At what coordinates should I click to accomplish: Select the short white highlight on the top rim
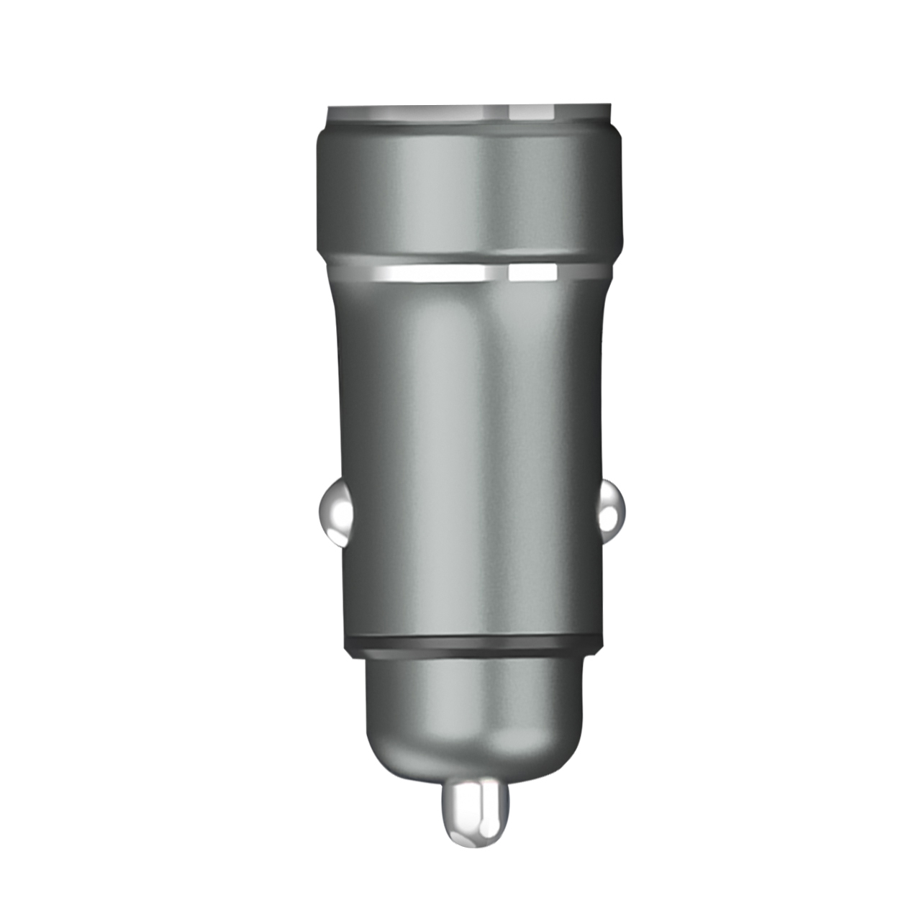pos(532,112)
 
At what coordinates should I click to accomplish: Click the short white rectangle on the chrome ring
pos(532,273)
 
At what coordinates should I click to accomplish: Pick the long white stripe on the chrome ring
pos(432,273)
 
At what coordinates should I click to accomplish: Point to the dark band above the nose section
pos(471,646)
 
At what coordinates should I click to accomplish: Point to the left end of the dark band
pos(347,646)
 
